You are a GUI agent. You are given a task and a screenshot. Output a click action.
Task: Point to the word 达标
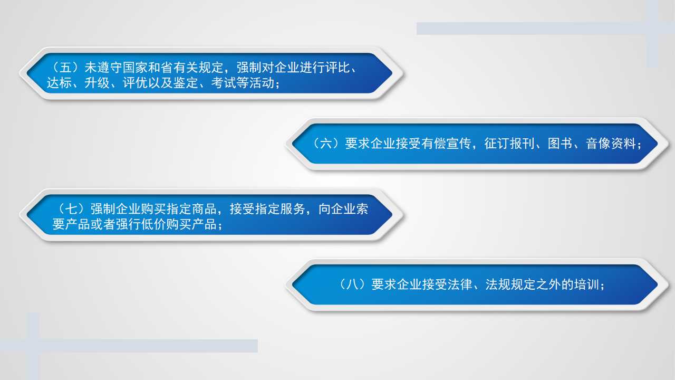pyautogui.click(x=59, y=83)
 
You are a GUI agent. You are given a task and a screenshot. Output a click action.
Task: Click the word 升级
pyautogui.click(x=97, y=83)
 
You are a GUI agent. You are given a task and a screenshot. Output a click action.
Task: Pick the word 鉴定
pyautogui.click(x=186, y=83)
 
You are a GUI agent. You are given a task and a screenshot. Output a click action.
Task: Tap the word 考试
pyautogui.click(x=224, y=83)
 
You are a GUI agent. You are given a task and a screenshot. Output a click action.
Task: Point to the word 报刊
pyautogui.click(x=522, y=144)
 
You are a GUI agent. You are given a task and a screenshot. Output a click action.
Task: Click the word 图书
pyautogui.click(x=560, y=144)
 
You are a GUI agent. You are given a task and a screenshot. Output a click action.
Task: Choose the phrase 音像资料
pyautogui.click(x=611, y=144)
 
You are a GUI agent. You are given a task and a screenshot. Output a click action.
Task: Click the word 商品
pyautogui.click(x=204, y=209)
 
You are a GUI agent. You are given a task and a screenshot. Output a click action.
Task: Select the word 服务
pyautogui.click(x=293, y=209)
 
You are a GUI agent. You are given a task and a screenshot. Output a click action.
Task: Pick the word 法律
pyautogui.click(x=460, y=284)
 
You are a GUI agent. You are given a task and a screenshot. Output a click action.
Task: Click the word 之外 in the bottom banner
pyautogui.click(x=548, y=284)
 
